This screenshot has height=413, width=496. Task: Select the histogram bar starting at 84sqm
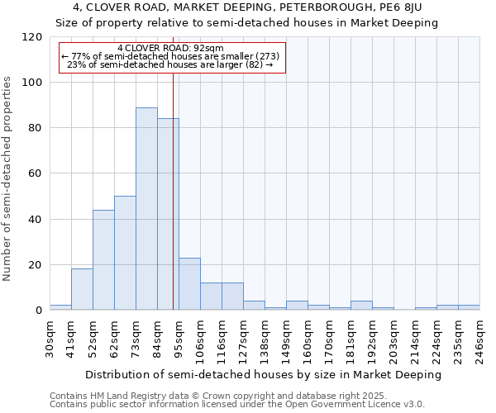pyautogui.click(x=168, y=215)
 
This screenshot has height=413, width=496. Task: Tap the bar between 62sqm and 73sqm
pyautogui.click(x=125, y=253)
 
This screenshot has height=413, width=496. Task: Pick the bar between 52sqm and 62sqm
pyautogui.click(x=103, y=260)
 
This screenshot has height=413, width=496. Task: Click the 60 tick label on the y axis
pyautogui.click(x=34, y=173)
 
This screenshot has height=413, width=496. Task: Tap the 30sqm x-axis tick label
pyautogui.click(x=50, y=339)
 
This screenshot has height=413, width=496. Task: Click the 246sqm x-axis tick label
pyautogui.click(x=479, y=339)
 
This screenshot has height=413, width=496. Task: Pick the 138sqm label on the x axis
pyautogui.click(x=265, y=339)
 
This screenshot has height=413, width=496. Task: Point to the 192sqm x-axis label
pyautogui.click(x=372, y=339)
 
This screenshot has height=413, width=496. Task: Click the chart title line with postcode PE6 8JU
pyautogui.click(x=247, y=7)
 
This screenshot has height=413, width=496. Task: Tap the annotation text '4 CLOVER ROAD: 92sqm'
pyautogui.click(x=170, y=48)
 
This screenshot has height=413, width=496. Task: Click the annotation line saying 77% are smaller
pyautogui.click(x=170, y=56)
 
